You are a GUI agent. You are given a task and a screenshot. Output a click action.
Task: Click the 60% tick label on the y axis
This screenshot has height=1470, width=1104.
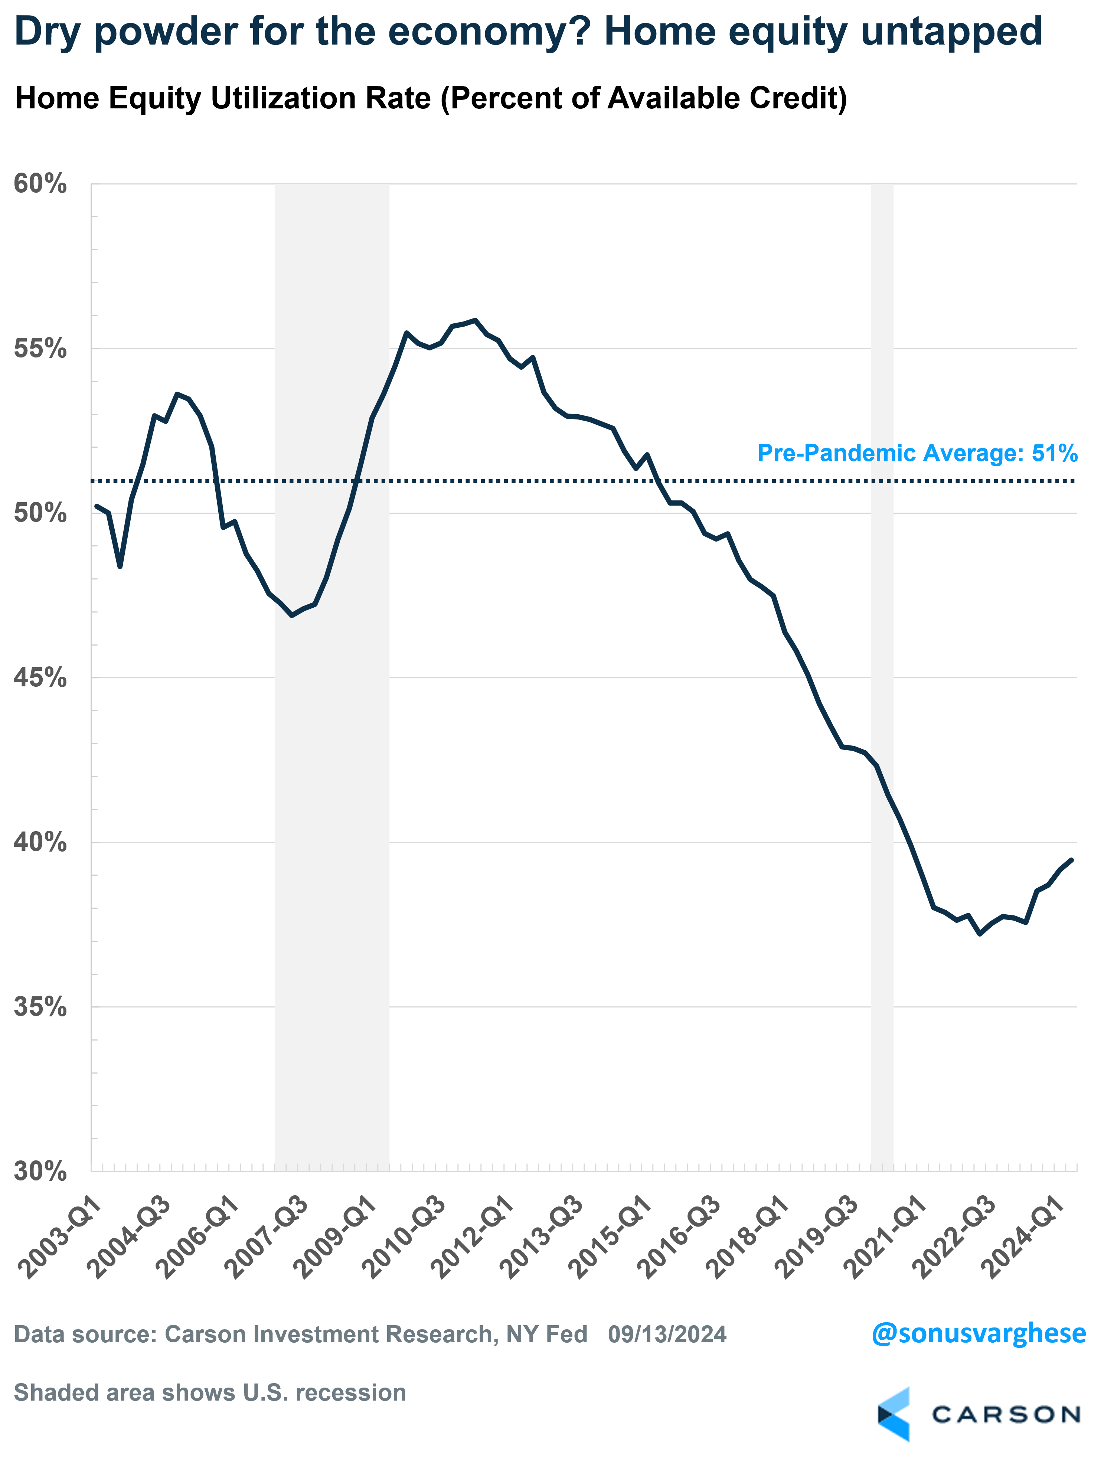pos(40,184)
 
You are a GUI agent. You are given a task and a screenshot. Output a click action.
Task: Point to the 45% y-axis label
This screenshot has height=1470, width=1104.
pos(40,678)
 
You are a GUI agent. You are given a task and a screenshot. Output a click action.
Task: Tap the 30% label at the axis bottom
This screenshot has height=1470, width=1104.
pos(40,1171)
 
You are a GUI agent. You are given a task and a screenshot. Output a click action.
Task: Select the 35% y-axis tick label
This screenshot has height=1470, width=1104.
pos(40,1007)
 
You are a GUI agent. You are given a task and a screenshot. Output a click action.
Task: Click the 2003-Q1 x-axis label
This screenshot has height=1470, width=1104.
pos(60,1236)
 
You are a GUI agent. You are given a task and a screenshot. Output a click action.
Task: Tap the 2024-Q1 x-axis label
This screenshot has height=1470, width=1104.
pos(1023,1236)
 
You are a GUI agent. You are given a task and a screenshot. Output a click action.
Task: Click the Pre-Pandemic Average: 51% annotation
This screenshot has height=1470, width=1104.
pos(917,453)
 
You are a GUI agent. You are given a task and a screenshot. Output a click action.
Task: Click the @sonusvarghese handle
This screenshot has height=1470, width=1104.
pos(979,1333)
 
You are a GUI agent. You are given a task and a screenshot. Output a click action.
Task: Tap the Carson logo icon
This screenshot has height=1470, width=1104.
pos(894,1415)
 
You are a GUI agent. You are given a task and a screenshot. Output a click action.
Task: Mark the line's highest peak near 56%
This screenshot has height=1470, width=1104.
pos(474,320)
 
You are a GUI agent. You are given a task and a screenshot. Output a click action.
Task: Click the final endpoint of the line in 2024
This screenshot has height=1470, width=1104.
pos(1071,859)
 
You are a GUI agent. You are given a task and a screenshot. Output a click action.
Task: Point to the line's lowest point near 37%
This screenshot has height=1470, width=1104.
pos(980,934)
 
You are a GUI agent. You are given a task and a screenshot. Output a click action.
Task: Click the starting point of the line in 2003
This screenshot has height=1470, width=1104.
pos(97,506)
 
